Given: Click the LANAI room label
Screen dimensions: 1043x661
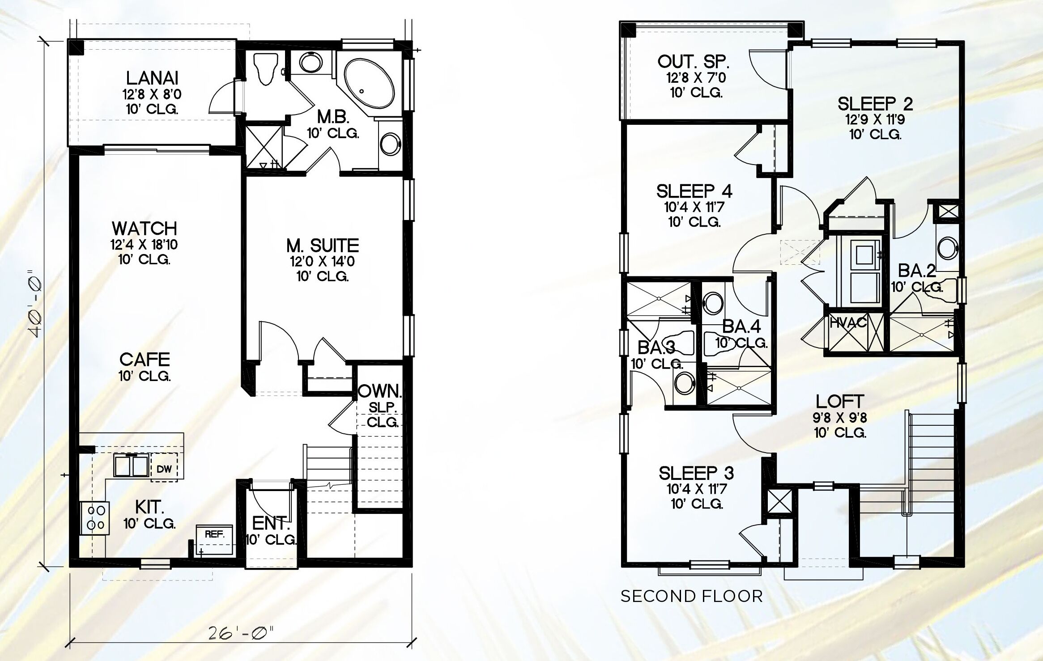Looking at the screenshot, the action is click(152, 78).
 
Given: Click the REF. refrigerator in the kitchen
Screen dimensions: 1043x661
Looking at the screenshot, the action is click(214, 539).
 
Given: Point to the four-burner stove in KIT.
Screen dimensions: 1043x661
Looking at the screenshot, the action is click(95, 517).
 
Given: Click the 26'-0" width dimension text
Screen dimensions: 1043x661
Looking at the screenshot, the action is click(241, 633).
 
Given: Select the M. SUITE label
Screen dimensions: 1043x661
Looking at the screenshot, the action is click(323, 245).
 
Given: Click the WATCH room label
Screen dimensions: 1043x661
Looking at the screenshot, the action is click(145, 229).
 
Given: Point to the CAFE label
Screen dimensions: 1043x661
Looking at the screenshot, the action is click(145, 359).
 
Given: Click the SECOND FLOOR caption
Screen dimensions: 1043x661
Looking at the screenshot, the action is click(691, 596).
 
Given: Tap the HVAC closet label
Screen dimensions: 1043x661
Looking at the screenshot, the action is click(848, 322).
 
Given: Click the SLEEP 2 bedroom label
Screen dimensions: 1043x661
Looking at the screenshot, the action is click(875, 104).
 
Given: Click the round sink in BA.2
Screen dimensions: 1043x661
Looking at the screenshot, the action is click(947, 249).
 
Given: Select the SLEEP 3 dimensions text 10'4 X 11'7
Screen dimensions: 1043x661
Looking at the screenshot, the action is click(697, 489).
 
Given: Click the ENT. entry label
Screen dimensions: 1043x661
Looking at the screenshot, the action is click(271, 523).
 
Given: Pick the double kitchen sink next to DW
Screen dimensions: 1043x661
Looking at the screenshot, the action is click(131, 465).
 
